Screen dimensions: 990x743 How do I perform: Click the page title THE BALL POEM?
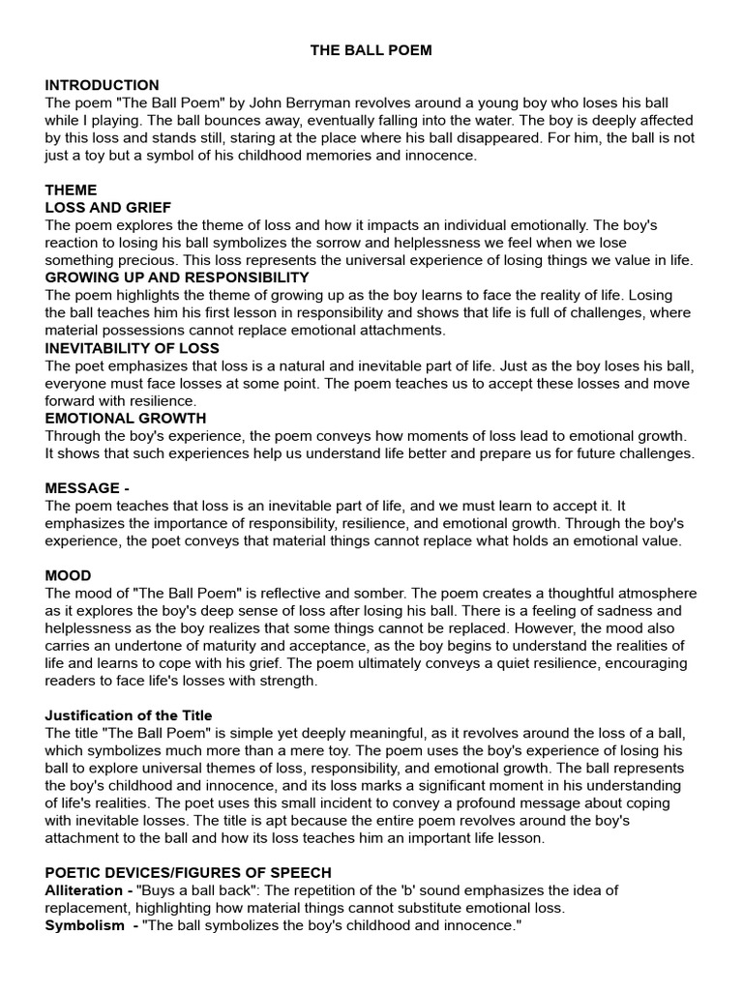(x=371, y=50)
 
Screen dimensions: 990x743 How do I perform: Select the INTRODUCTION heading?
(x=102, y=85)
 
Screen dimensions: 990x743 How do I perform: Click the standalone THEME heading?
(x=71, y=189)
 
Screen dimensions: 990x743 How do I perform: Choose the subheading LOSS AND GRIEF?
(x=107, y=207)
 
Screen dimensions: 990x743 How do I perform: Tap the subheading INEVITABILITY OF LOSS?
(x=133, y=348)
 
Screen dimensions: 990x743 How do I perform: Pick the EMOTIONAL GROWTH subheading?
(x=126, y=418)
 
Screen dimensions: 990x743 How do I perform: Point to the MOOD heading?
(x=68, y=575)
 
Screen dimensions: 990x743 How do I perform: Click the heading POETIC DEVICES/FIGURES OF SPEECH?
(x=188, y=872)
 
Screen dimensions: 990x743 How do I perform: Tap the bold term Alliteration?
(x=83, y=889)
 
